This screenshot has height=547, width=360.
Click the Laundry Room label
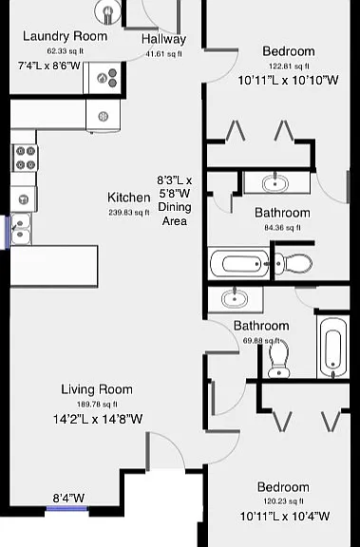pos(65,36)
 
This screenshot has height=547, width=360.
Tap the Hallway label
pos(163,39)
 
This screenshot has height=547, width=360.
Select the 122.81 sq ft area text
pos(289,66)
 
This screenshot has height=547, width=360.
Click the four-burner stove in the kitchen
pos(25,158)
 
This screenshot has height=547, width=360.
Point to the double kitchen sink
pos(21,229)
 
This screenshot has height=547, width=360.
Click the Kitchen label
pos(129,198)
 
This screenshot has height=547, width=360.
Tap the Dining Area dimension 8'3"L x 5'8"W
pos(175,187)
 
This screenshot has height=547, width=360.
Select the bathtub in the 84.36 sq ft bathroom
pos(240,263)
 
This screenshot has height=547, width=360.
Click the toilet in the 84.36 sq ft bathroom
pos(294,264)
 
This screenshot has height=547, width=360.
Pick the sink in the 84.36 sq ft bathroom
pos(275,182)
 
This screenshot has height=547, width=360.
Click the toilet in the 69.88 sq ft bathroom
pos(279,359)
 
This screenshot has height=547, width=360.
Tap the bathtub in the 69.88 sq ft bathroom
pos(332,348)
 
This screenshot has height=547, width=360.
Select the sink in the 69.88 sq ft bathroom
pos(236,299)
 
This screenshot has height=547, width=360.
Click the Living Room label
pos(97,389)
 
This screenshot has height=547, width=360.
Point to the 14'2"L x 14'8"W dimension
pos(98,419)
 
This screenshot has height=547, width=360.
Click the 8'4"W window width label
pos(68,498)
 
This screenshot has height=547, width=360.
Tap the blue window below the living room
pos(67,509)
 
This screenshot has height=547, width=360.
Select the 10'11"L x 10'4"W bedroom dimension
pos(285,516)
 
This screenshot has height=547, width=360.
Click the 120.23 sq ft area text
pos(283,501)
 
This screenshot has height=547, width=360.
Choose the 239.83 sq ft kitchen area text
pos(129,212)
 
